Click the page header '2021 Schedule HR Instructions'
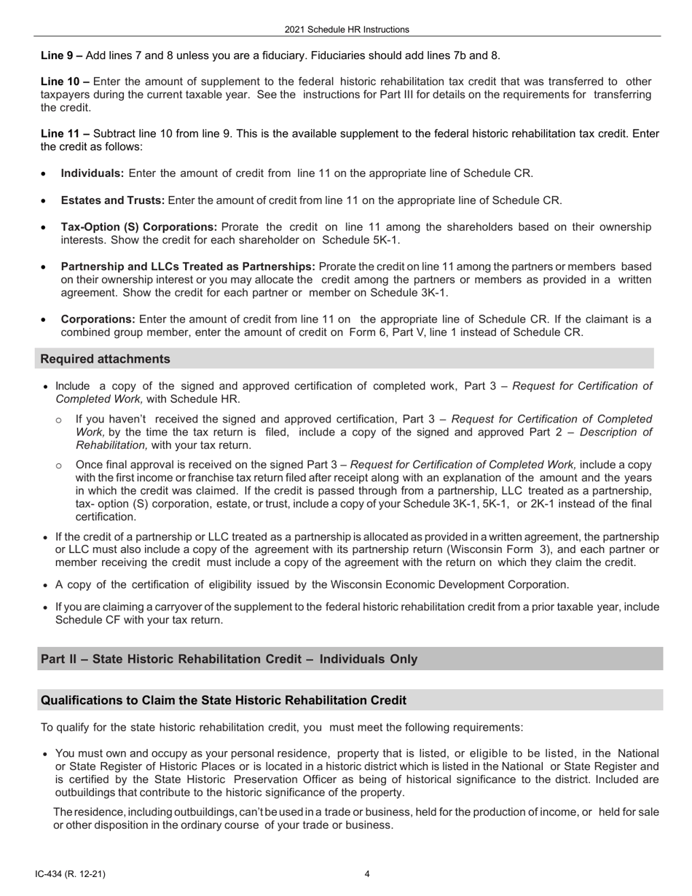point(347,30)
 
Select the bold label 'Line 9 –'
point(62,55)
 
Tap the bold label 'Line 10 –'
point(65,82)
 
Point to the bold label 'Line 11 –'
point(65,133)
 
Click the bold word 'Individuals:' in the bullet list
point(93,173)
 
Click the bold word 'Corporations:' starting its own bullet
point(98,319)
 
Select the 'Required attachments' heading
point(106,359)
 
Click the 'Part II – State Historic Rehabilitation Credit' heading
point(229,659)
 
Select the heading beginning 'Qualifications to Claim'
point(223,700)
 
